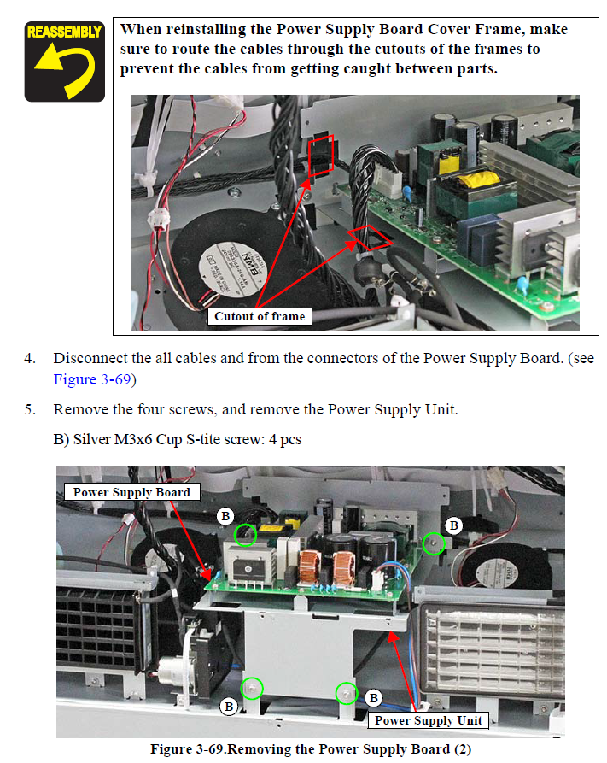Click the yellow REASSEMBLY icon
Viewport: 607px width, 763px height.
pos(65,62)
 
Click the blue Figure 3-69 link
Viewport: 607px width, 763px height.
pos(92,379)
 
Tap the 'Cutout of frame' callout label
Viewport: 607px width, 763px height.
pos(260,316)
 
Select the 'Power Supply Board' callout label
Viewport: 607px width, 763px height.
pos(131,492)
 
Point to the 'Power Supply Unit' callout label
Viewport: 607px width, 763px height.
pos(428,720)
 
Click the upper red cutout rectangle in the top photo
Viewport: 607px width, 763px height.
pos(321,156)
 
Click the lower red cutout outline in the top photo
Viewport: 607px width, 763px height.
pos(370,237)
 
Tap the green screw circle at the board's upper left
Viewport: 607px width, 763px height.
pos(245,535)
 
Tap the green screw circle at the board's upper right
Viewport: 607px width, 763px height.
pos(434,543)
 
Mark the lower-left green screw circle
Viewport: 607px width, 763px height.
pos(252,689)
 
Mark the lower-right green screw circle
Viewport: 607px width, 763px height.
pos(347,692)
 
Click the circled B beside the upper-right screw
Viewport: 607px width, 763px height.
pos(454,525)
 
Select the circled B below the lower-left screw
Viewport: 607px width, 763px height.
pos(229,706)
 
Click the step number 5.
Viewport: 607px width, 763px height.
pos(30,410)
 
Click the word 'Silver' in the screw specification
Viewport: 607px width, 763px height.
pos(92,439)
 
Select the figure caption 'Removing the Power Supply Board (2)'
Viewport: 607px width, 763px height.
pos(349,748)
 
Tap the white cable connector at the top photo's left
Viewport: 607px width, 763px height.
pos(159,219)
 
